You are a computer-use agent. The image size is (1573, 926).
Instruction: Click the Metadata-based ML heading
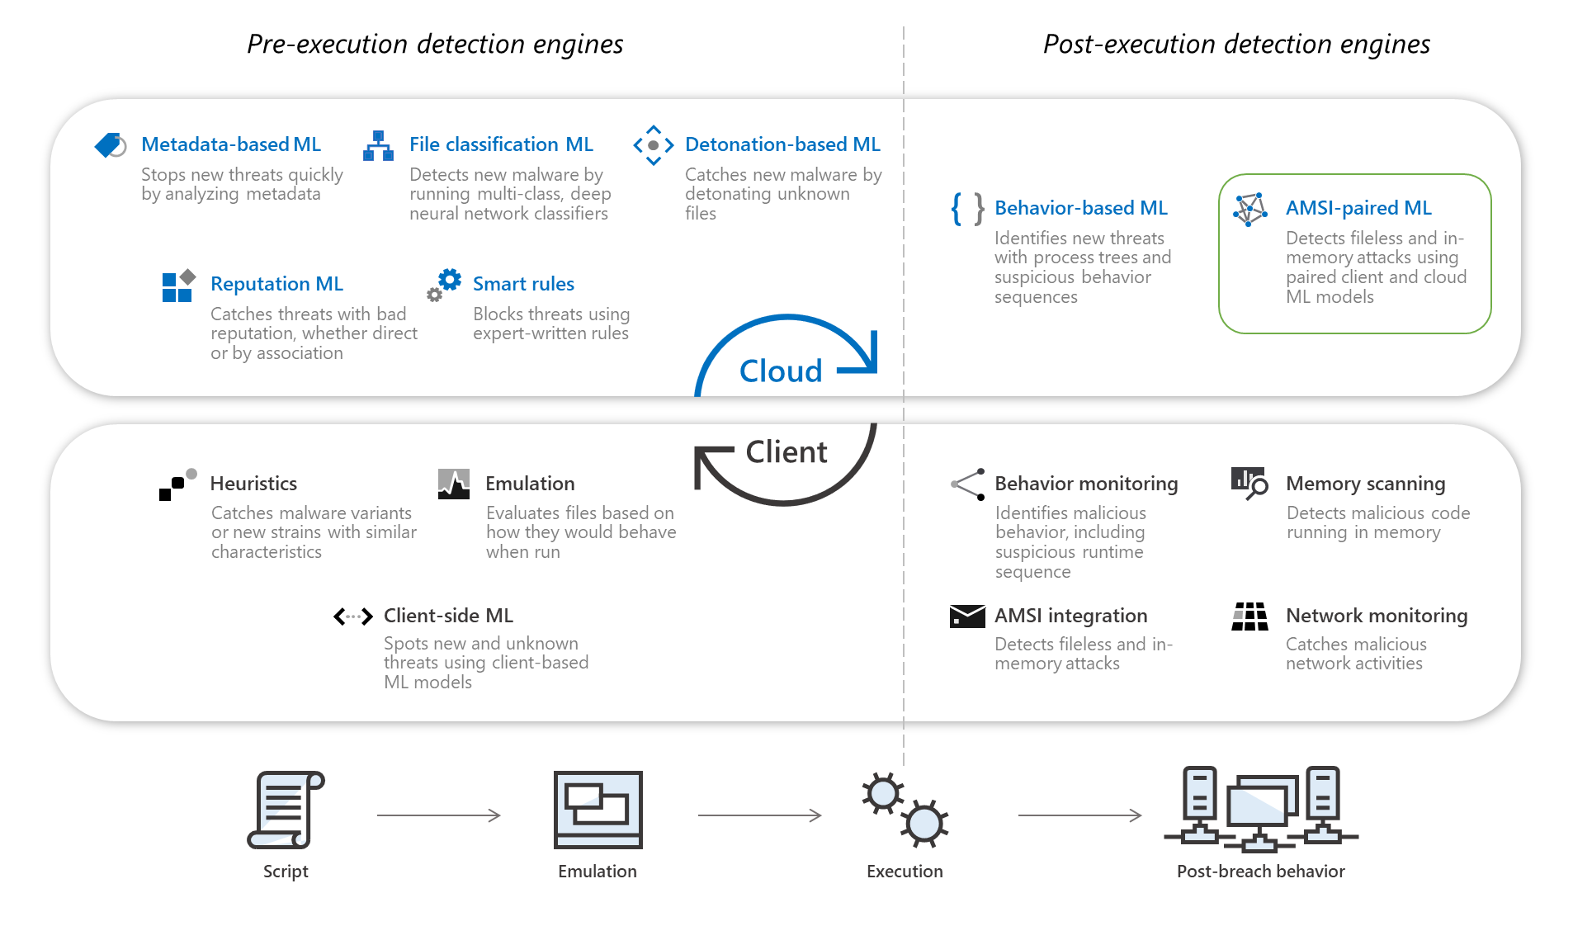click(231, 144)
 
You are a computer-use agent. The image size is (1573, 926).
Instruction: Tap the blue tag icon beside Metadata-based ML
click(110, 145)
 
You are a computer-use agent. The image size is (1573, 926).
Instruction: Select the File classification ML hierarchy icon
click(378, 146)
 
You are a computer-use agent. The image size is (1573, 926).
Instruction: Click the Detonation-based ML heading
click(782, 144)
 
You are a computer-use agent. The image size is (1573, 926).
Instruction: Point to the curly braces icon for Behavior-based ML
click(966, 209)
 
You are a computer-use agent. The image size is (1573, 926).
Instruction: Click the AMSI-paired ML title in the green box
click(1358, 208)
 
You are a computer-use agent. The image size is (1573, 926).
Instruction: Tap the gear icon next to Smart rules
click(446, 283)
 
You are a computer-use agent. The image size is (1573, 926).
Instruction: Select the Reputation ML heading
click(276, 284)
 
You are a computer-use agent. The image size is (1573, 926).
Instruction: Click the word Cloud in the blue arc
click(781, 371)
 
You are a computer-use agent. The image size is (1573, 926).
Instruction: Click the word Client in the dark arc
click(786, 452)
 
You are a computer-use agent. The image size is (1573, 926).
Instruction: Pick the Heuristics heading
click(253, 484)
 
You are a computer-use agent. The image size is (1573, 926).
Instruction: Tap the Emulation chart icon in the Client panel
click(454, 484)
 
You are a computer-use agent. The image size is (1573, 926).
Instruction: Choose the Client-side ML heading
click(448, 616)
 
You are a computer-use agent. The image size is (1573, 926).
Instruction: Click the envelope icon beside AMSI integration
click(967, 617)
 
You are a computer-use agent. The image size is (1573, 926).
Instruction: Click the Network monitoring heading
click(1377, 616)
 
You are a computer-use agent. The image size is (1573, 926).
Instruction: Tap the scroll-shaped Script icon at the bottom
click(286, 810)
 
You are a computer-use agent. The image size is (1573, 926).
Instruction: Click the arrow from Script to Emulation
click(438, 815)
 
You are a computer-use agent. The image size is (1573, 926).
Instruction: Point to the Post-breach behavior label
click(1260, 872)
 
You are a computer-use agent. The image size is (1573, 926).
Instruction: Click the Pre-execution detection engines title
click(435, 44)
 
